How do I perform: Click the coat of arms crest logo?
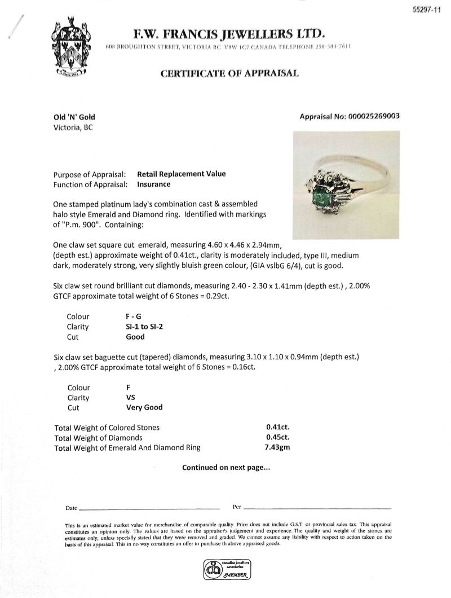[x=70, y=50]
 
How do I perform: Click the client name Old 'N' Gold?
[x=74, y=117]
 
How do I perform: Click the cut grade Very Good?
[x=145, y=407]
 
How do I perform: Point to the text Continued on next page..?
[x=225, y=467]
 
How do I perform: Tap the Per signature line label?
[x=237, y=506]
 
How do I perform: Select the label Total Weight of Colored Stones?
[x=107, y=427]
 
